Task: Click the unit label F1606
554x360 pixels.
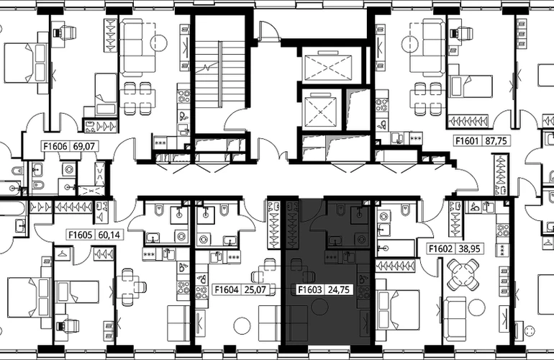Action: pos(55,146)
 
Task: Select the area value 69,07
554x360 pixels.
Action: pos(83,146)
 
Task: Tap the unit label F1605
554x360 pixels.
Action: pos(81,235)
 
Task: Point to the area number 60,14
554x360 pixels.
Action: pos(109,235)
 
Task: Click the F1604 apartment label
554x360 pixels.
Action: pos(227,290)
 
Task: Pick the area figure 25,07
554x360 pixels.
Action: pos(255,290)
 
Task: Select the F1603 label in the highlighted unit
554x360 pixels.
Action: pos(310,290)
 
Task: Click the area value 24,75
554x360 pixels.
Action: pos(338,290)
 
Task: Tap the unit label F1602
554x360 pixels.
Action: pos(440,248)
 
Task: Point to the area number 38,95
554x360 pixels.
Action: pos(469,248)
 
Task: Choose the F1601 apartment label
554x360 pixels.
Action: pos(466,141)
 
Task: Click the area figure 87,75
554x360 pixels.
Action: pos(496,141)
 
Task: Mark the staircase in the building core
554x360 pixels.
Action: pos(220,75)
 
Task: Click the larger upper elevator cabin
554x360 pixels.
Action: pos(327,66)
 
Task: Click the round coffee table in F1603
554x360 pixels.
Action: pos(319,306)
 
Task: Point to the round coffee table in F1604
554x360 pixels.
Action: pos(242,326)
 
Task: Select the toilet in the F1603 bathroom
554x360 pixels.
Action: pos(340,210)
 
